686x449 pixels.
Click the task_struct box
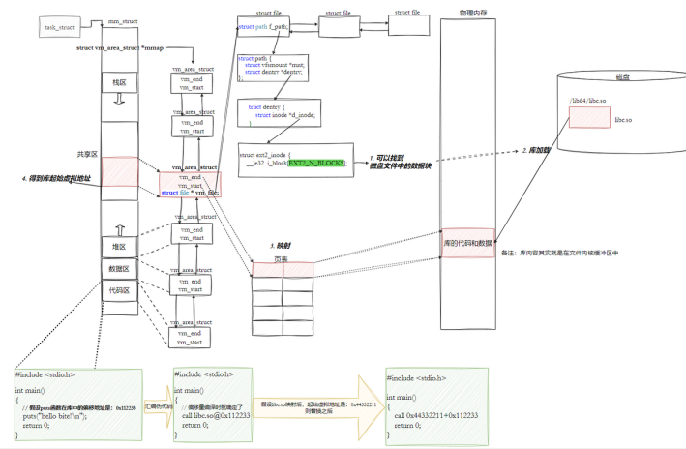pos(60,27)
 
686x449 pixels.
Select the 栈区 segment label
pos(119,83)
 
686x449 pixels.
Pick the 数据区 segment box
pos(119,268)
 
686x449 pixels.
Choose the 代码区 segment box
pos(119,289)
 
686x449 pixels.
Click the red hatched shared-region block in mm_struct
pos(119,171)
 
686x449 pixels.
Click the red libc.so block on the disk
pos(588,117)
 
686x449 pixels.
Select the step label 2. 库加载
pos(537,151)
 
